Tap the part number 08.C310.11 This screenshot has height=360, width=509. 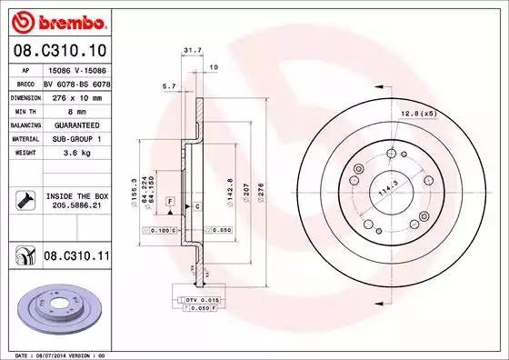75,257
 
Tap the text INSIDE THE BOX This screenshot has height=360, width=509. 76,196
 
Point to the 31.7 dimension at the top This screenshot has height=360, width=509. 192,51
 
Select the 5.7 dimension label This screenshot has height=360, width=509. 168,86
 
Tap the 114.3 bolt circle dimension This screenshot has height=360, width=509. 389,190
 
